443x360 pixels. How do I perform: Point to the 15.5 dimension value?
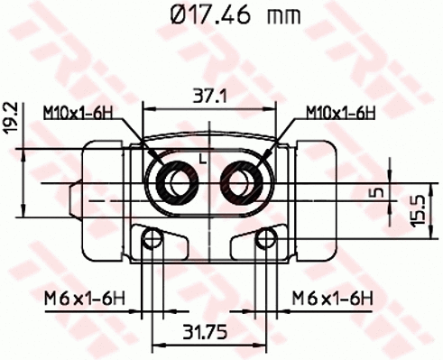(417, 210)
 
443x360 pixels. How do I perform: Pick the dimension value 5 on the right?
(382, 191)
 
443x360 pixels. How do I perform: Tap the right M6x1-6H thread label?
(329, 298)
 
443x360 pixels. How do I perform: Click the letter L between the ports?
(203, 160)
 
